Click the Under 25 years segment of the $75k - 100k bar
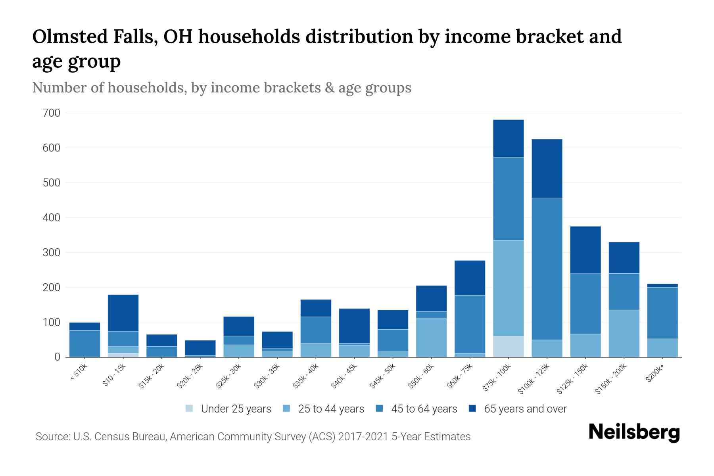(508, 346)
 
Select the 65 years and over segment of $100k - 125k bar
(547, 169)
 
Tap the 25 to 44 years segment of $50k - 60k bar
(431, 338)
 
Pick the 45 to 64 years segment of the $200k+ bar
(662, 313)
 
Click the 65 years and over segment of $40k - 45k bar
(354, 326)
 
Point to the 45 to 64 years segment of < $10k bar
(84, 344)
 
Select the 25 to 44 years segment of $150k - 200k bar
(624, 333)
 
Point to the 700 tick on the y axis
(51, 113)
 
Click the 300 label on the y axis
(51, 253)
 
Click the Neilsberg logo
(634, 433)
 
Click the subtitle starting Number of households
(221, 88)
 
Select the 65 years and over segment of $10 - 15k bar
(123, 313)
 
